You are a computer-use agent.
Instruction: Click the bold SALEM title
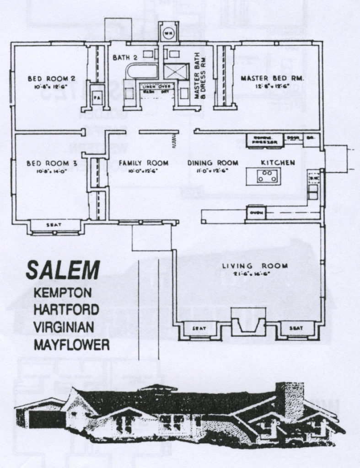(x=62, y=270)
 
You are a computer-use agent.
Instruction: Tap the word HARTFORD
(x=66, y=309)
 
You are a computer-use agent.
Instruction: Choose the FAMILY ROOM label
(x=143, y=163)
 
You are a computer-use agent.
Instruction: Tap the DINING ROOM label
(x=213, y=163)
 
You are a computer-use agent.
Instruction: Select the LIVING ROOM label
(x=255, y=266)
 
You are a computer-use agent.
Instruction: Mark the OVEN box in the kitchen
(x=255, y=212)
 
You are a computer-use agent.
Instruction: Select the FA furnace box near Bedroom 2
(x=97, y=97)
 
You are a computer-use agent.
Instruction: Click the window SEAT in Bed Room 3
(x=54, y=225)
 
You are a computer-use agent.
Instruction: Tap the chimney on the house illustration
(x=289, y=400)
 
